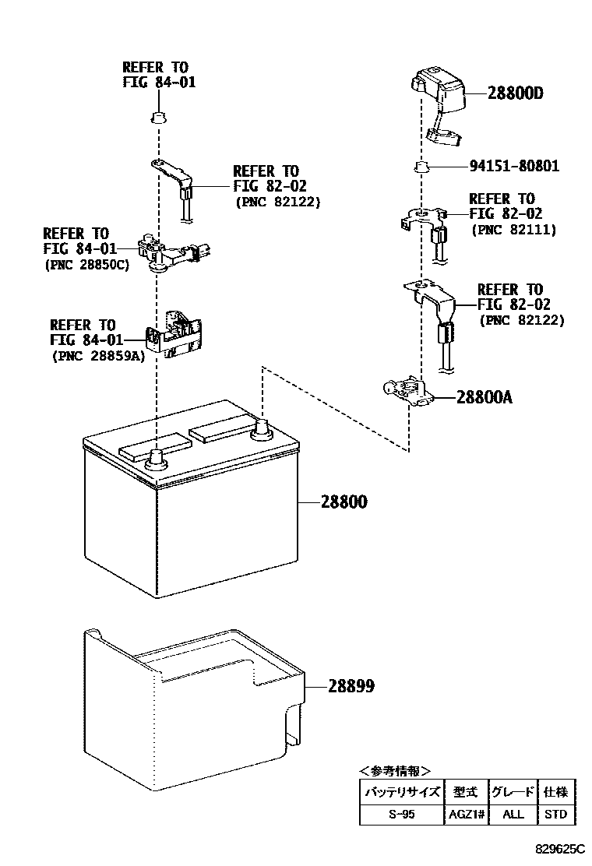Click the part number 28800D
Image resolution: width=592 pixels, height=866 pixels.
pos(515,93)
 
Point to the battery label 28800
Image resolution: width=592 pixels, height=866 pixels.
pos(344,502)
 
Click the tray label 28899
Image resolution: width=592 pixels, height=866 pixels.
pos(351,686)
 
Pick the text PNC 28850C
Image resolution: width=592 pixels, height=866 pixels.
pos(90,265)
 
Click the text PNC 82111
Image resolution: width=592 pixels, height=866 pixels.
pos(514,230)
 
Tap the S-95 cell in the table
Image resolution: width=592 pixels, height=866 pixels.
pos(402,815)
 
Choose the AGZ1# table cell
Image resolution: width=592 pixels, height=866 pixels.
pos(466,815)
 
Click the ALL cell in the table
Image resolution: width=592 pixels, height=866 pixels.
pos(513,815)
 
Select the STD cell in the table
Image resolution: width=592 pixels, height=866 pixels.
pos(556,815)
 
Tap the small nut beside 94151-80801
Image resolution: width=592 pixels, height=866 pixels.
pos(420,166)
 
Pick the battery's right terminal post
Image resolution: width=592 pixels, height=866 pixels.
pos(262,428)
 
